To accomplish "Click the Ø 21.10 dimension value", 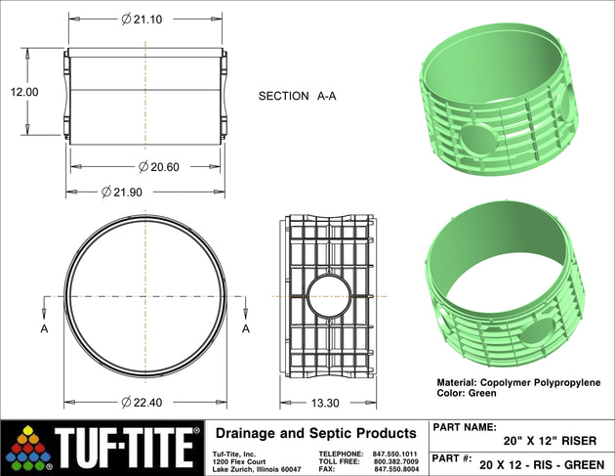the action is point(142,20).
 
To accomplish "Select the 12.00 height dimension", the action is point(24,92).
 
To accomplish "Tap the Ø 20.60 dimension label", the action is point(159,167).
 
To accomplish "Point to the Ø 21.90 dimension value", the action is point(122,192).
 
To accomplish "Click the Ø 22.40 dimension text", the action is point(142,403).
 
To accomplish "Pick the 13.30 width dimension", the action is point(325,403).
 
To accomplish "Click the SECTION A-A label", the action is point(298,96).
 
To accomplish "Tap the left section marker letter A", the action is point(44,328).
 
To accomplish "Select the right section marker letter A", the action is point(246,328).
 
